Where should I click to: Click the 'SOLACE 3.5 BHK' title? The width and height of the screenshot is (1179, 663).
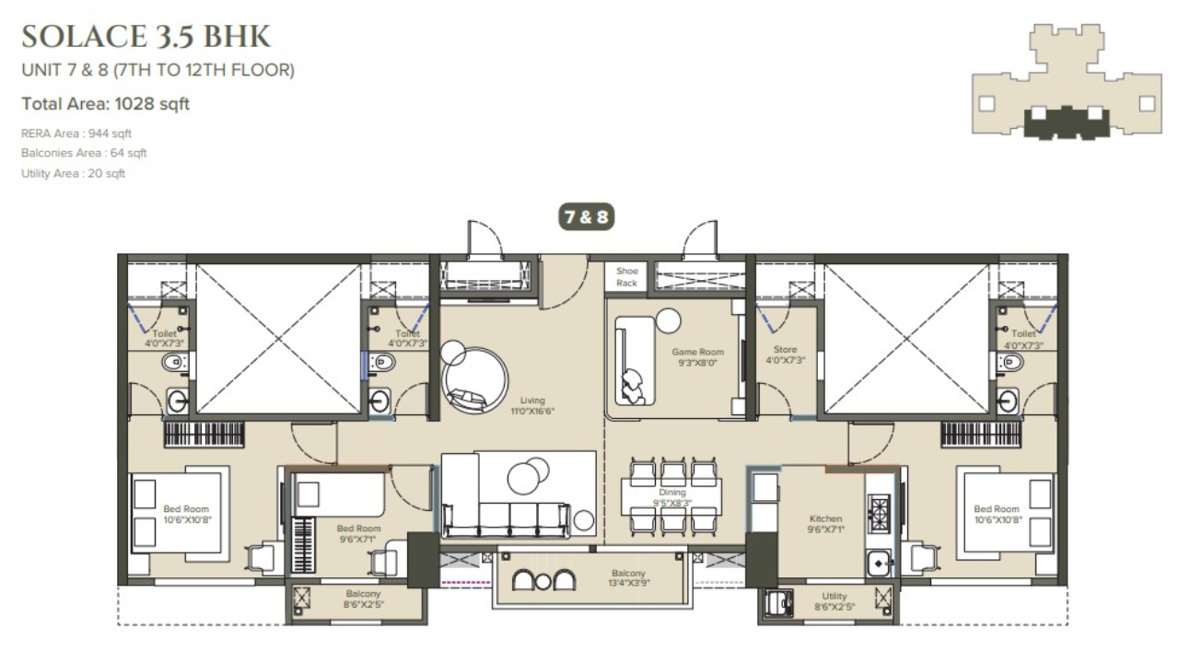146,37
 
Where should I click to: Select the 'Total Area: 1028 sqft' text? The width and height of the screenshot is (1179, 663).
105,104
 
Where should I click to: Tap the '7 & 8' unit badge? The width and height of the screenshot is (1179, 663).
585,217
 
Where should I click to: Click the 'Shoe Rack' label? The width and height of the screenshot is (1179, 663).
627,277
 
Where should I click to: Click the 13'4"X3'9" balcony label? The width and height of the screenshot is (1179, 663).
629,578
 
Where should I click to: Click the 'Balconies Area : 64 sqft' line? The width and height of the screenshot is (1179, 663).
84,153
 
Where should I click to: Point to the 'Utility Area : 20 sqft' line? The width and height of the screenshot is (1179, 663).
73,173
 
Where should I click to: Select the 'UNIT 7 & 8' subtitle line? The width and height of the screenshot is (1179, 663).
158,70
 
